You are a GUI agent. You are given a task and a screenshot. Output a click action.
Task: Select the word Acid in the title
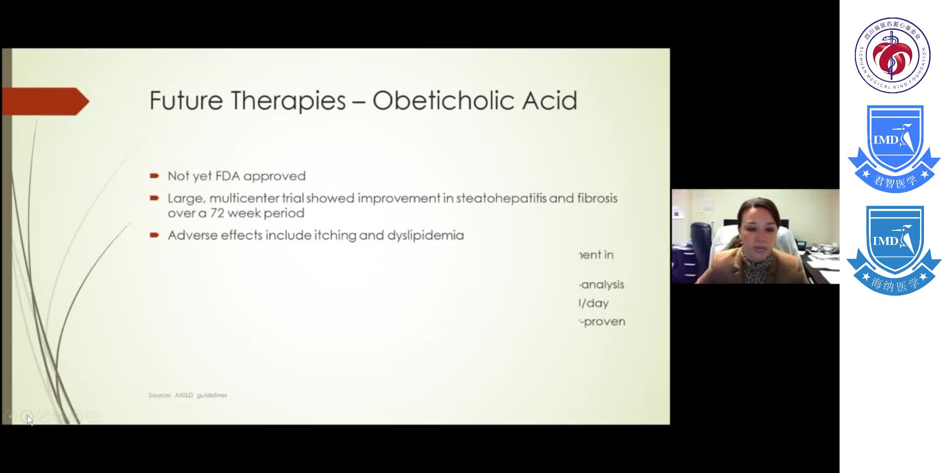[549, 100]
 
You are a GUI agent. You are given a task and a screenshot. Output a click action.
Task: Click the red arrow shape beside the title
[45, 101]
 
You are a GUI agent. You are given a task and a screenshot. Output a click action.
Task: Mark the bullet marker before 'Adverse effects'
[154, 235]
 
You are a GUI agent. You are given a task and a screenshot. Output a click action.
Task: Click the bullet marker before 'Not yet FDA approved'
[154, 176]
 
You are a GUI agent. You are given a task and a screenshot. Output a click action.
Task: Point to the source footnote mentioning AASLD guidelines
[188, 395]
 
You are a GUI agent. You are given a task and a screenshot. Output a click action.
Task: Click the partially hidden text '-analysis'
[602, 285]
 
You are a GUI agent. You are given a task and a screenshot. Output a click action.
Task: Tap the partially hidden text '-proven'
[603, 322]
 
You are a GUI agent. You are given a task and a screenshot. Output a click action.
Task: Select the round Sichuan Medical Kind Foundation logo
[892, 55]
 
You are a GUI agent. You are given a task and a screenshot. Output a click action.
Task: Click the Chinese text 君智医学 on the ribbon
[894, 181]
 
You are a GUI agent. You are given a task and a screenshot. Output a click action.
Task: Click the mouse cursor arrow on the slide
[29, 420]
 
